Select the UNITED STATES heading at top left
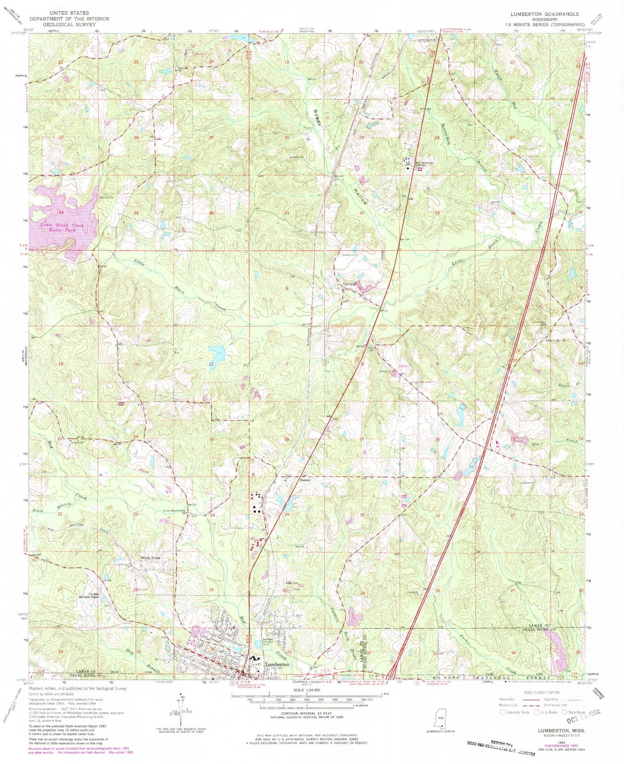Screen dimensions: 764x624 coord(69,13)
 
